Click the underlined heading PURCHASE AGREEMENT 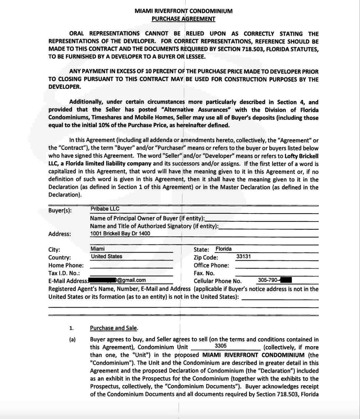(183, 19)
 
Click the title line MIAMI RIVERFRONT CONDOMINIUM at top (183, 11)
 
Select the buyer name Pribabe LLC (105, 209)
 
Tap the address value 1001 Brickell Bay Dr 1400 (120, 233)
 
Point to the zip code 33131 (243, 256)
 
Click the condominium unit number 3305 (220, 346)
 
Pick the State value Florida (223, 249)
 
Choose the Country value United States (106, 256)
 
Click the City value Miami (97, 249)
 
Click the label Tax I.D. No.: (64, 273)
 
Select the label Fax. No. (204, 273)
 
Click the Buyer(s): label (60, 210)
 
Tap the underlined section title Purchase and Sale (114, 328)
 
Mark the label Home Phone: (66, 265)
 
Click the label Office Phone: (211, 265)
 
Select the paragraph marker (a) (72, 340)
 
